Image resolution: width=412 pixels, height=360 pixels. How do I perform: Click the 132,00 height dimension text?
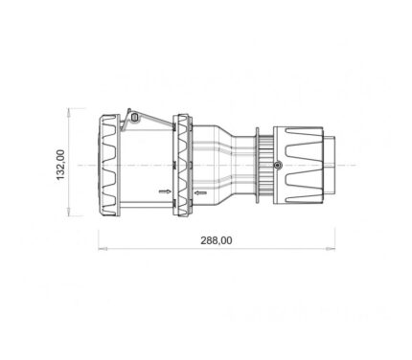(x=60, y=165)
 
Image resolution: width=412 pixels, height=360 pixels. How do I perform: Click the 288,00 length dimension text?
(x=217, y=240)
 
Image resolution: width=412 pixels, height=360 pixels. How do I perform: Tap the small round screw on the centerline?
(x=278, y=165)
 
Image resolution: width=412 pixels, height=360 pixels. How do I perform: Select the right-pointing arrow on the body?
(x=165, y=191)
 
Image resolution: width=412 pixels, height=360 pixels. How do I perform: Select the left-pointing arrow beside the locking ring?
(x=200, y=192)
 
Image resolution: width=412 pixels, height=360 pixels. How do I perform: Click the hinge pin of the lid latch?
(x=135, y=118)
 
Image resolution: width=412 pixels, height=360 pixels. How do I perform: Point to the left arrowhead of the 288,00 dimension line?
(x=103, y=248)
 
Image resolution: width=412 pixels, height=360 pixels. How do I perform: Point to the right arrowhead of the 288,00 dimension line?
(x=331, y=248)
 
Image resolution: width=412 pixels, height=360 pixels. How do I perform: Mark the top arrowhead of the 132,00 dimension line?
(x=68, y=112)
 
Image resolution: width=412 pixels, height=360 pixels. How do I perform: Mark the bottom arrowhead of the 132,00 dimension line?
(x=68, y=212)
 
